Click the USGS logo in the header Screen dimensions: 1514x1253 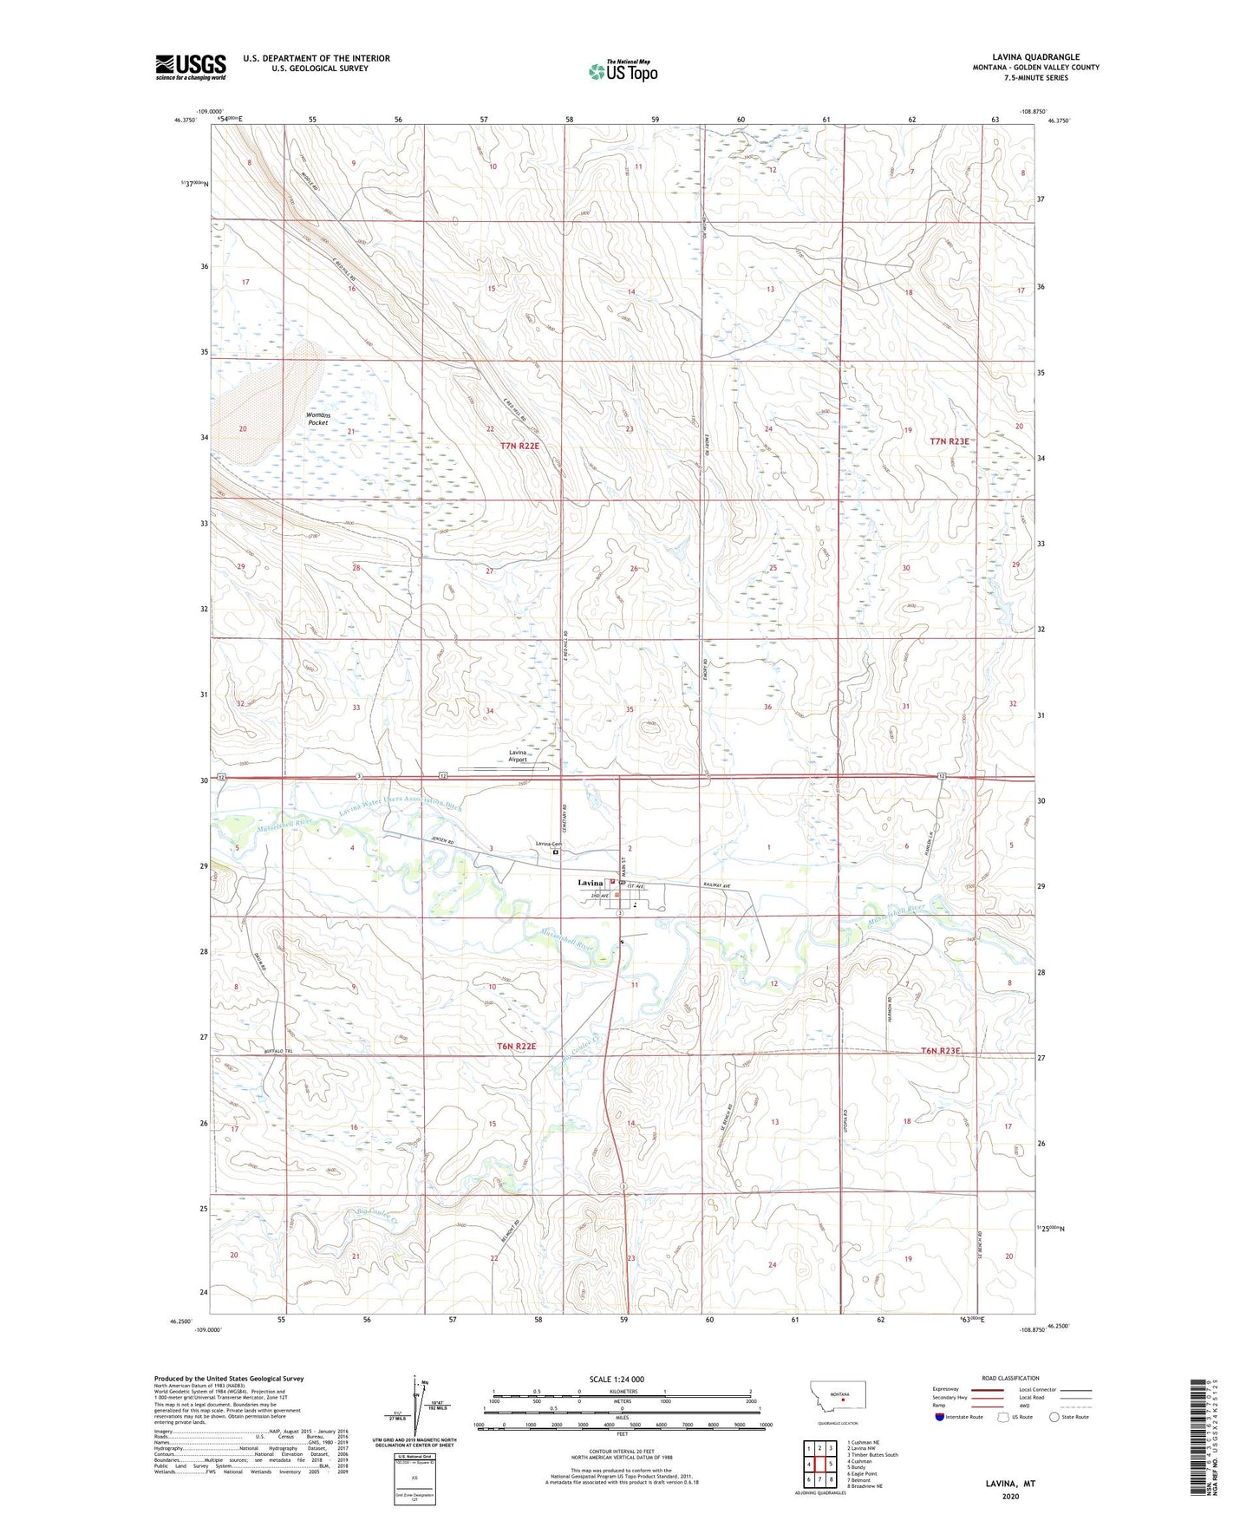tap(191, 67)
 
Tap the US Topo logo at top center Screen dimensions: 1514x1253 tap(623, 71)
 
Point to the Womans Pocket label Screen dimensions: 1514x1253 tap(318, 419)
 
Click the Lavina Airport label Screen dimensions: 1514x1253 tap(518, 755)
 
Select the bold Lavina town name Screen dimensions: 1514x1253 tap(591, 883)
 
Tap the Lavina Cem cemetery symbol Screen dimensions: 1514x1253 tap(556, 852)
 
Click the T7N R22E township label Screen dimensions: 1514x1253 tap(519, 446)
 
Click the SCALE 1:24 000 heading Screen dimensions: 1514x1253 tap(617, 1379)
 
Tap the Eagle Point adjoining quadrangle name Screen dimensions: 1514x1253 tap(865, 1473)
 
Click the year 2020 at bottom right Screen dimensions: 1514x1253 tap(1010, 1497)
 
